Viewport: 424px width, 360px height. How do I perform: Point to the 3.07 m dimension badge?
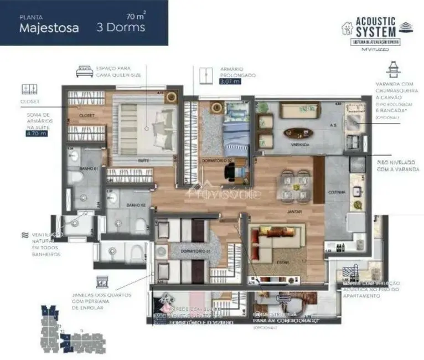click(230, 81)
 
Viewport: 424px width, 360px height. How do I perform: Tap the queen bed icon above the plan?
click(84, 71)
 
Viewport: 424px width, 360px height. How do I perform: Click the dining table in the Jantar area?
click(294, 186)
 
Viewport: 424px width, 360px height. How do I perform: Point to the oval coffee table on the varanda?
click(297, 133)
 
